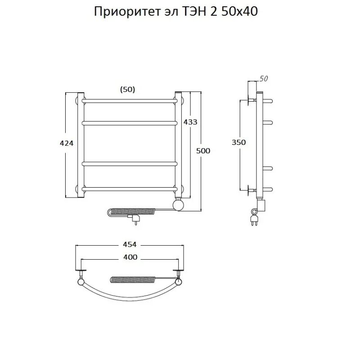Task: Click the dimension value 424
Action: pyautogui.click(x=66, y=143)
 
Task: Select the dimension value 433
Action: pyautogui.click(x=190, y=122)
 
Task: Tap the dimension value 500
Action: pyautogui.click(x=203, y=151)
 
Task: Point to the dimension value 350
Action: pyautogui.click(x=239, y=142)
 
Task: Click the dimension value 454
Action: pyautogui.click(x=129, y=244)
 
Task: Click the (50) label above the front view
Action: pyautogui.click(x=127, y=90)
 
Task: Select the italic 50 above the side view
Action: pyautogui.click(x=264, y=79)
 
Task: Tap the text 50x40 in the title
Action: pyautogui.click(x=239, y=12)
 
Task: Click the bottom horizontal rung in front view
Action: pyautogui.click(x=129, y=189)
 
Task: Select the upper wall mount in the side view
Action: pyautogui.click(x=251, y=100)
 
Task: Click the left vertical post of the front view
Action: pyautogui.click(x=81, y=144)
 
